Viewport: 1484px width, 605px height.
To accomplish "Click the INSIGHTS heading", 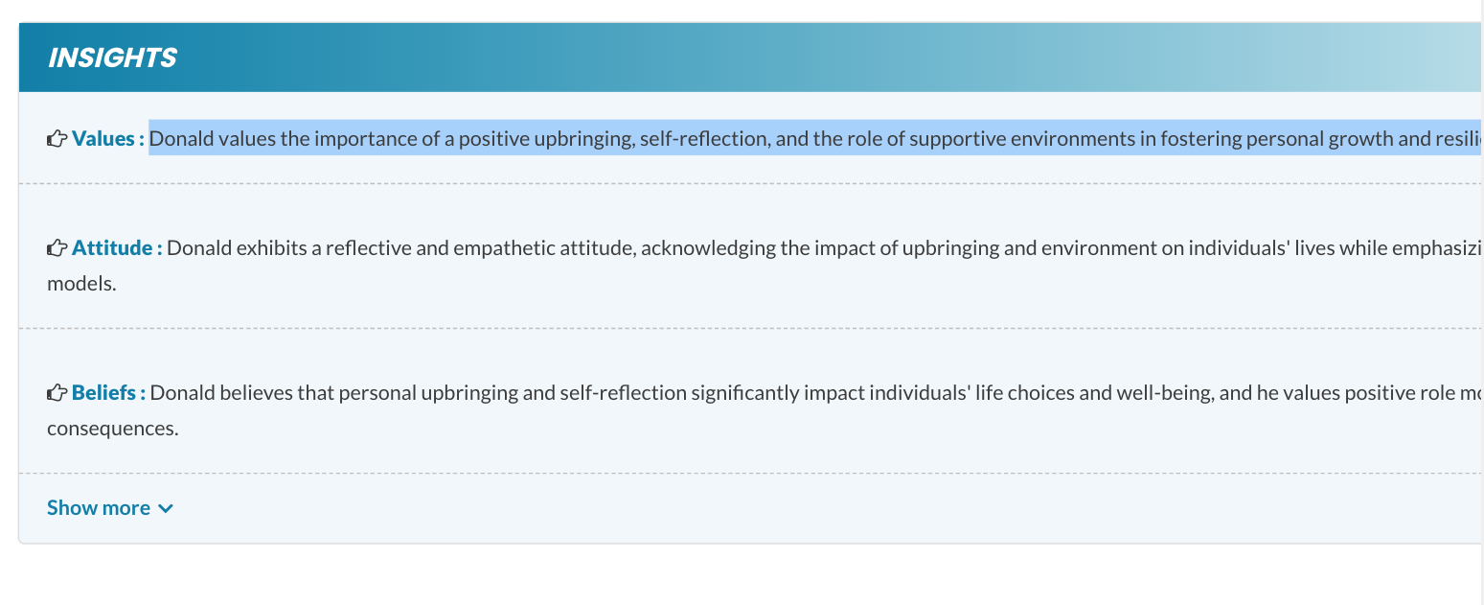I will pyautogui.click(x=112, y=58).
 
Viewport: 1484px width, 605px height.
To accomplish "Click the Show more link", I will pyautogui.click(x=99, y=508).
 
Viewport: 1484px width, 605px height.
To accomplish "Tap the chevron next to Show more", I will pyautogui.click(x=166, y=508).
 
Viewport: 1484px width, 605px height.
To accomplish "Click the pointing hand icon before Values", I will pyautogui.click(x=57, y=139).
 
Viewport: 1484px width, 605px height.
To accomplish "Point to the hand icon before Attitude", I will pyautogui.click(x=57, y=248).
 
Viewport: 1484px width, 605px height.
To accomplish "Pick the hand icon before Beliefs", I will pyautogui.click(x=57, y=392).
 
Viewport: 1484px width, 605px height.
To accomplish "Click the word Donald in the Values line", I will pyautogui.click(x=181, y=139).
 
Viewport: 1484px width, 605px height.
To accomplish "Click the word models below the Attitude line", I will pyautogui.click(x=80, y=284).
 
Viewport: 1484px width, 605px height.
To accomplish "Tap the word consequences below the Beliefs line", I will pyautogui.click(x=112, y=428).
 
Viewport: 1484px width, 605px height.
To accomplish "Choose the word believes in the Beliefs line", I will pyautogui.click(x=246, y=392).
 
